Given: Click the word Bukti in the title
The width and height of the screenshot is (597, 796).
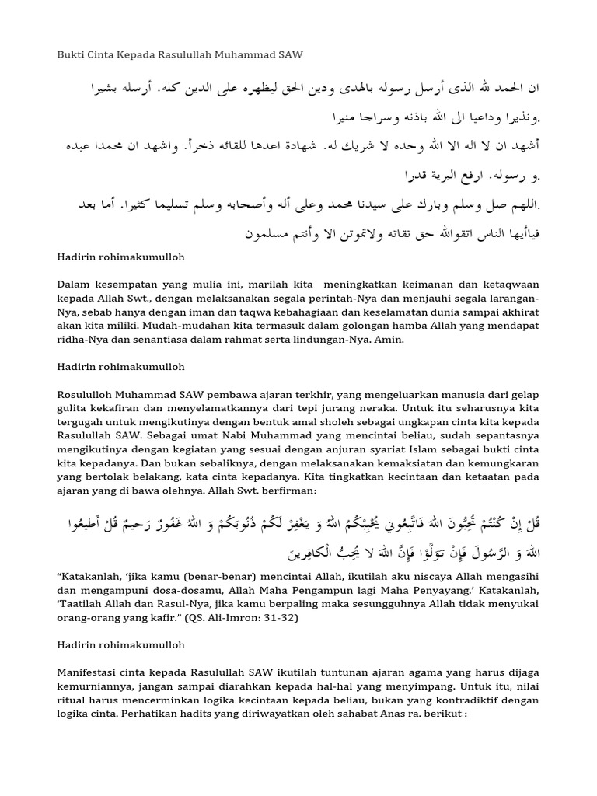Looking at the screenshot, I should click(72, 55).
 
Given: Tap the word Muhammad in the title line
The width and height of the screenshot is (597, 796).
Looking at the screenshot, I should click(241, 55).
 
